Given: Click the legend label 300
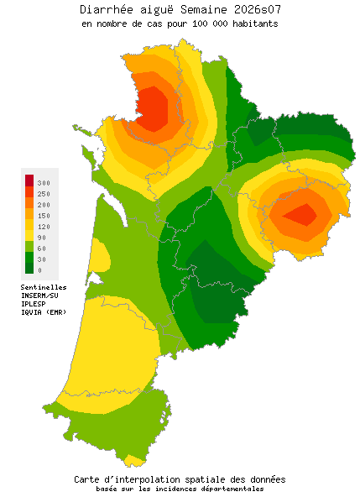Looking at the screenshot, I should pyautogui.click(x=44, y=183).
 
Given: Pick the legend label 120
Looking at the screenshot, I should pyautogui.click(x=44, y=227).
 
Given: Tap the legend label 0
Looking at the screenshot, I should pyautogui.click(x=39, y=270).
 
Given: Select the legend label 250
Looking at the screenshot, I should pyautogui.click(x=44, y=194).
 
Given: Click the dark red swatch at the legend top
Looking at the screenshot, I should pyautogui.click(x=29, y=180).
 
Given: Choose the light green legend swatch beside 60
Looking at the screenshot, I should pyautogui.click(x=29, y=247).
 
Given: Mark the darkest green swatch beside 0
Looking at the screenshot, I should pyautogui.click(x=29, y=269).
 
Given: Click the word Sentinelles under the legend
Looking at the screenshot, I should pyautogui.click(x=44, y=287).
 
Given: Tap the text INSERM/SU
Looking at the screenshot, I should pyautogui.click(x=39, y=296).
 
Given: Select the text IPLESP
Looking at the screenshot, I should pyautogui.click(x=34, y=304).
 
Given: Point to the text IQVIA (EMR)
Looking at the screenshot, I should pyautogui.click(x=44, y=312).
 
